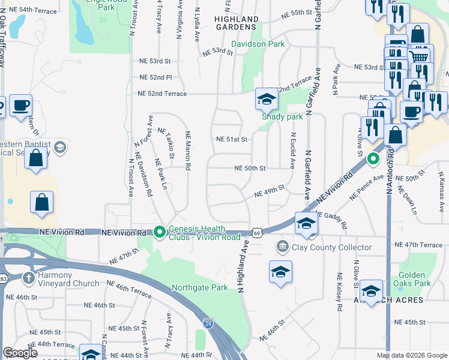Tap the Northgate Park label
(199, 287)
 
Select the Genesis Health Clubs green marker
(159, 231)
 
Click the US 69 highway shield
(257, 232)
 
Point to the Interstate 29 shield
(208, 323)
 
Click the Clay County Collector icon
(282, 247)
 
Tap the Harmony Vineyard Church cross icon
(28, 278)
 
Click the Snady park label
(282, 117)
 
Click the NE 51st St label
(232, 140)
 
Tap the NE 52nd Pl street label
(155, 77)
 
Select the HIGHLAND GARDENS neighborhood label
(237, 23)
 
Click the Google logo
(20, 353)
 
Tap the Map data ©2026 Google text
(412, 355)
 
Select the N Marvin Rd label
(188, 151)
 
